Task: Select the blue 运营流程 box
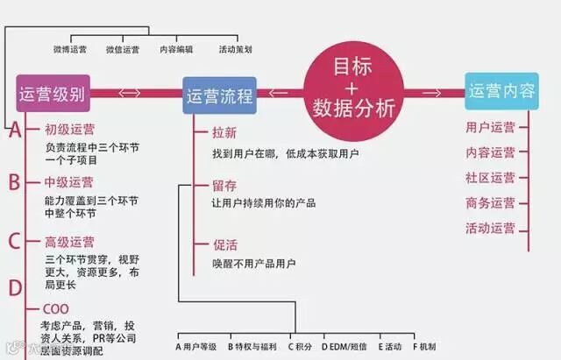coord(219,95)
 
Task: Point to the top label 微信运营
coord(122,50)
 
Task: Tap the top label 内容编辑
coord(176,50)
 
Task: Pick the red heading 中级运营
coord(69,183)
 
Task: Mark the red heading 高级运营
coord(69,242)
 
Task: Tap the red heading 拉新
coord(224,132)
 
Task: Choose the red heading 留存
coord(224,186)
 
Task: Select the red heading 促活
coord(224,244)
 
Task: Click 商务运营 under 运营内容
coord(491,203)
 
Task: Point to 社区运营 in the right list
coord(491,178)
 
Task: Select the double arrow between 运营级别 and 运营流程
coord(130,93)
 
